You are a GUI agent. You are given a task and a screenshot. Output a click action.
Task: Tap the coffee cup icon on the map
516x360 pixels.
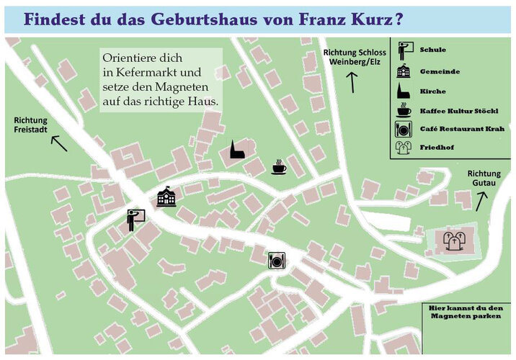tap(278, 168)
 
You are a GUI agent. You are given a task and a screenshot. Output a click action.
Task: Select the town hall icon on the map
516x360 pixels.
tap(166, 196)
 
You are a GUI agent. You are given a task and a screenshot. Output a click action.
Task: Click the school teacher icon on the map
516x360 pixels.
tap(135, 219)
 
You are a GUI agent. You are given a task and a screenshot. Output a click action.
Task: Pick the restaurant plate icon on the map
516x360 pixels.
tap(275, 260)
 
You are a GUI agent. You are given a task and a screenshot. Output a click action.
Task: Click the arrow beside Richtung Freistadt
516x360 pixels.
tap(58, 143)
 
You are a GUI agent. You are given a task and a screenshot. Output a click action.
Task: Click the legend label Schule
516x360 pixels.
tap(432, 50)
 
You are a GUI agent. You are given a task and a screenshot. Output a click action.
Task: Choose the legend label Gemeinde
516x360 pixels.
tap(440, 71)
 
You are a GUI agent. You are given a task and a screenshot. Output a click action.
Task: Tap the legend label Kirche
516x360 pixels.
tap(432, 91)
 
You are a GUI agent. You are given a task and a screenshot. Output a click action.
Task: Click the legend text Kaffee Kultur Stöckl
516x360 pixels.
tap(458, 111)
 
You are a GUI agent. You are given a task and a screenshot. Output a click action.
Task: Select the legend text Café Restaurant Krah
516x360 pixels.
tap(458, 130)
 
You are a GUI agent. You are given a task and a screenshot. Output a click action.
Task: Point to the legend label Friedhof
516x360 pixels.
tap(437, 148)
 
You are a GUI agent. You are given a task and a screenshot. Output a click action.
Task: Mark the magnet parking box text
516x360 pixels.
tap(463, 312)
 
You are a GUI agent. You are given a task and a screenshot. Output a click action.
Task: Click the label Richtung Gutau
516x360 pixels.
tap(484, 179)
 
